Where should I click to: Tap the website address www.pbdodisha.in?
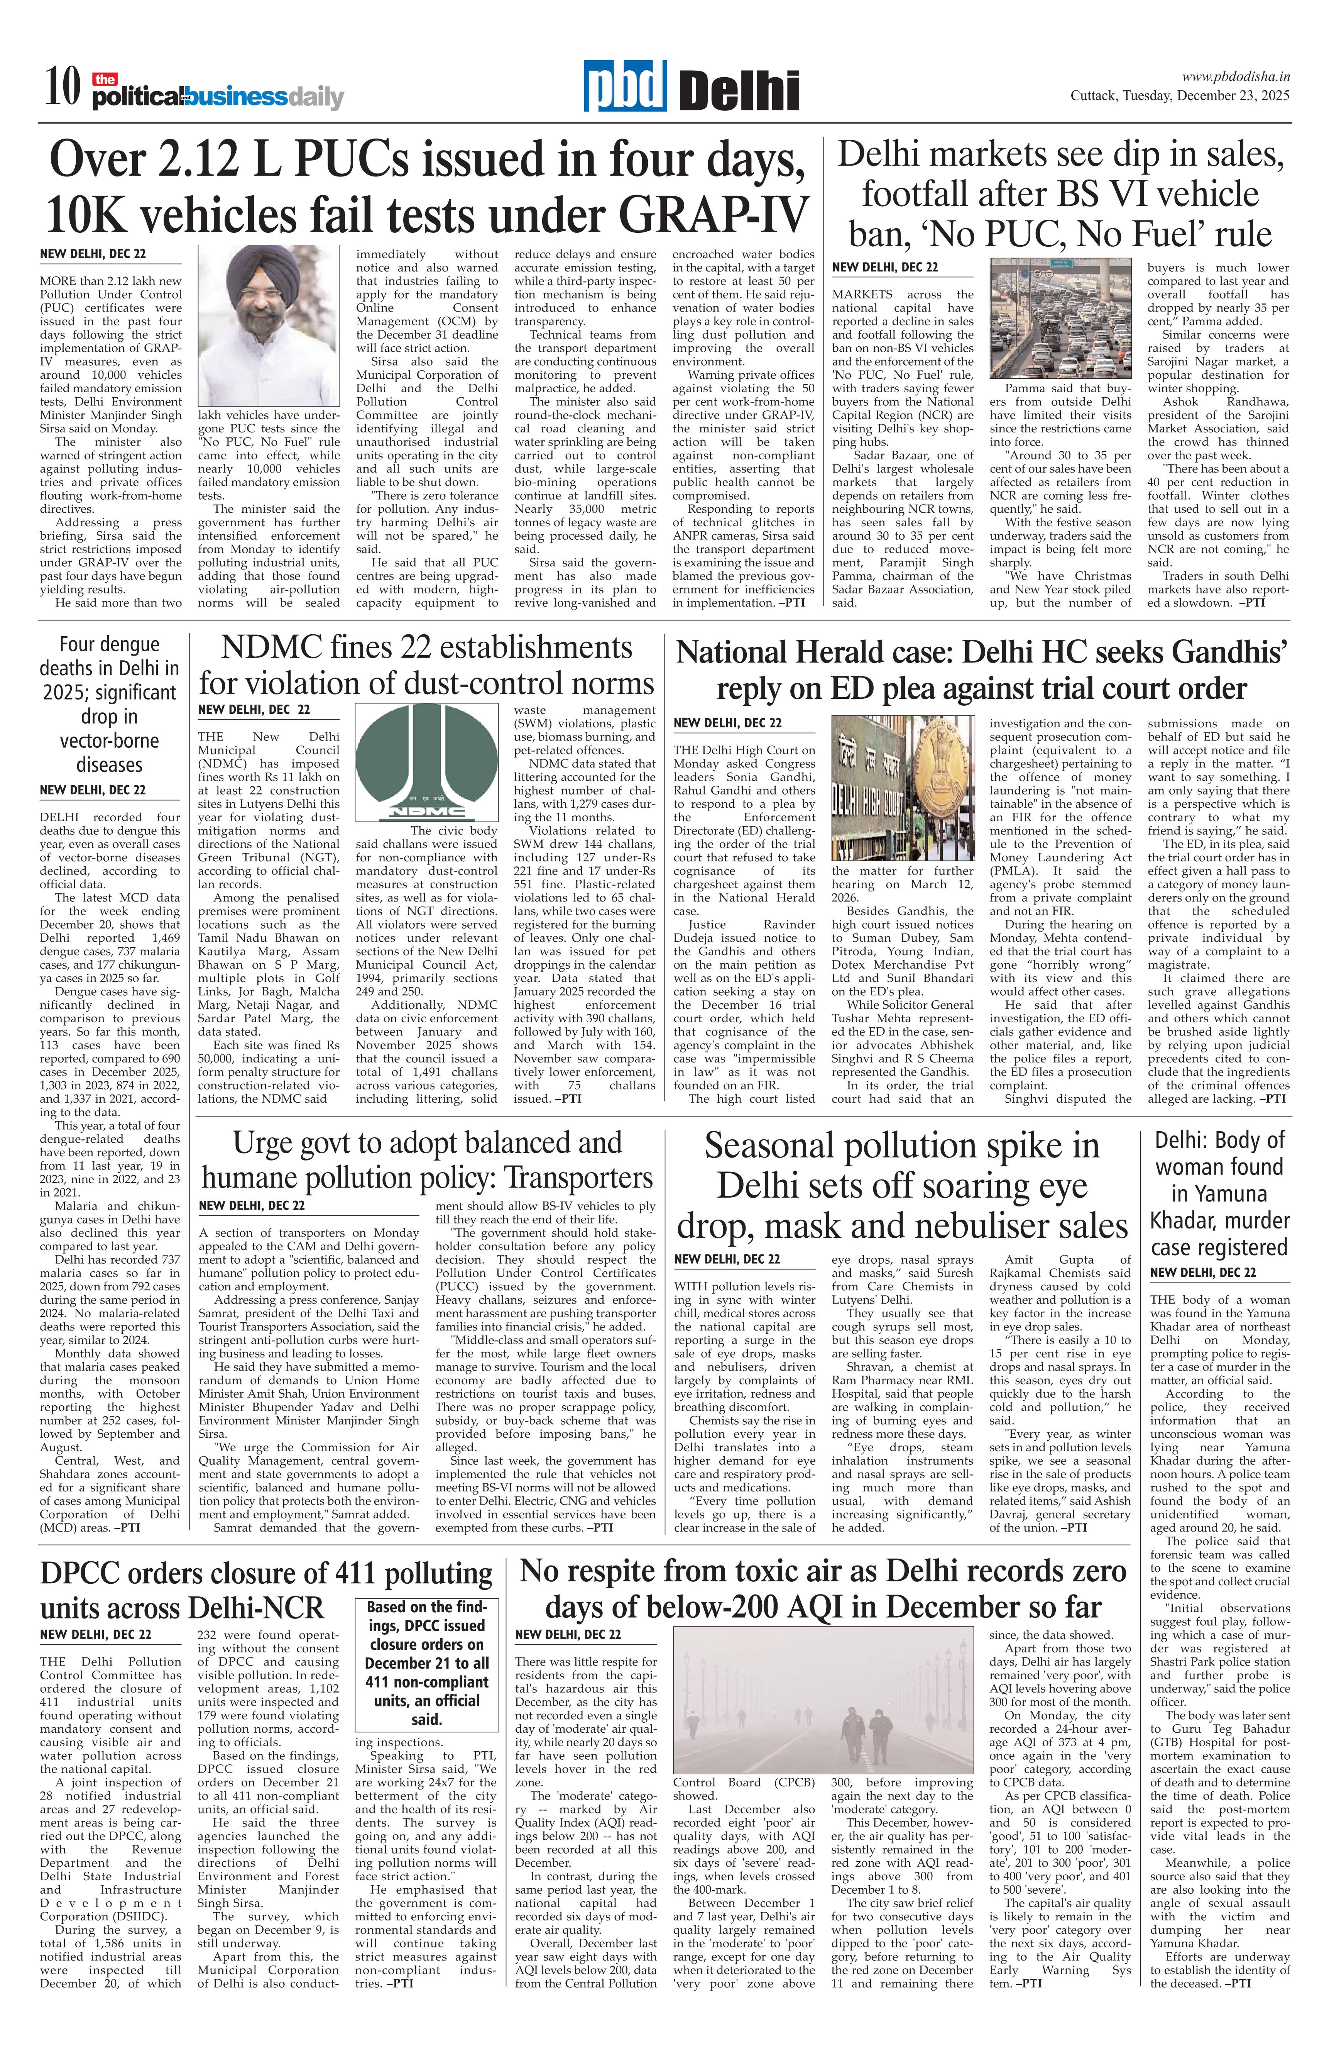[1235, 77]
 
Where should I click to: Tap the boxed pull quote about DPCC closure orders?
[427, 1664]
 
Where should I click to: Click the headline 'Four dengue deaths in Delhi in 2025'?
[110, 703]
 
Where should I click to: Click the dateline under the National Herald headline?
[727, 722]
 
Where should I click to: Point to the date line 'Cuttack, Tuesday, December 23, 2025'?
[1179, 96]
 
